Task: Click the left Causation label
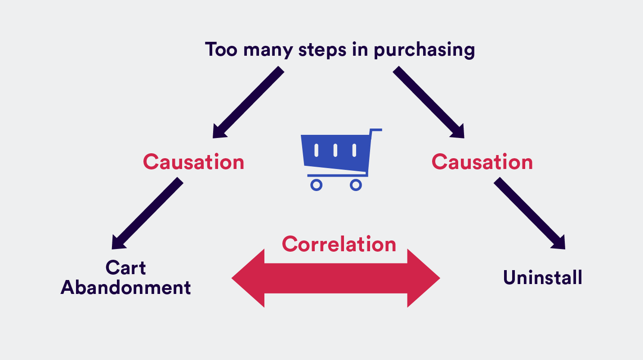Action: (193, 162)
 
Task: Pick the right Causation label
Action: (482, 162)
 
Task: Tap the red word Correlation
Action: (339, 244)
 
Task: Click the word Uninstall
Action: (543, 277)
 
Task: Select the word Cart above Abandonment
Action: (125, 268)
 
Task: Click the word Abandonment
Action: (126, 288)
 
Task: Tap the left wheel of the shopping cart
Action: (317, 185)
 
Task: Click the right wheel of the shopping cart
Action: (356, 185)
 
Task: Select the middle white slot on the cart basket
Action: (335, 150)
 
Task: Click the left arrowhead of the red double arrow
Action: (247, 279)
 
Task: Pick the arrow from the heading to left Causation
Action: (247, 103)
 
